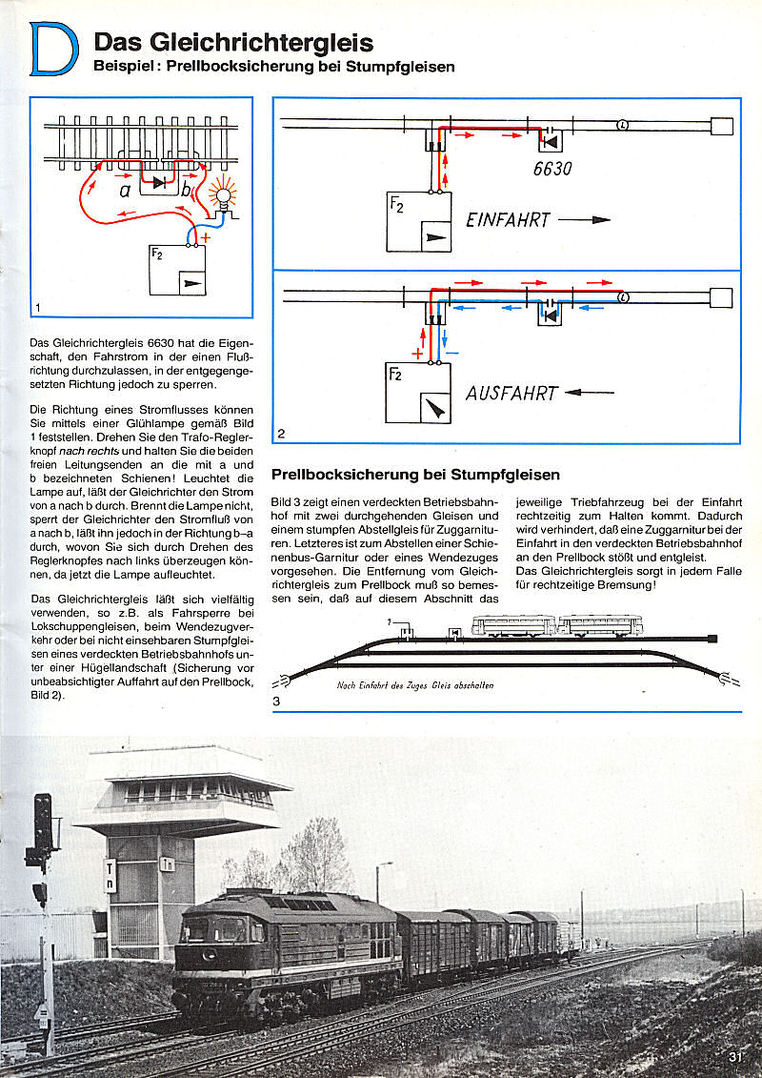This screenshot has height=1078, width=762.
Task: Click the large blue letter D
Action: pos(54,50)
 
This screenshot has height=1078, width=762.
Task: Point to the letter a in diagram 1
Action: pos(125,190)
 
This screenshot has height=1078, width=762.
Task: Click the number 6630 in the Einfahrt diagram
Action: pos(552,169)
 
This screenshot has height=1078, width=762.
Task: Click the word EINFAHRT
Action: pos(508,220)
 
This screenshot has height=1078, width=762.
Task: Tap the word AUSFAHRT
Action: pos(511,393)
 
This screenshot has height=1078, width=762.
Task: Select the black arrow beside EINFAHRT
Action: pos(584,219)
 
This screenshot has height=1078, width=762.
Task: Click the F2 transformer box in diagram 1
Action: pos(178,270)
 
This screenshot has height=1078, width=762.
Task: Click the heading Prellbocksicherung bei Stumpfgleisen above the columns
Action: pos(415,474)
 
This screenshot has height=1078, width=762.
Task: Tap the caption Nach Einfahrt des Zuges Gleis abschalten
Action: pos(414,684)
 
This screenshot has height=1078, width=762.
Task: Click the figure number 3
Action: pos(276,702)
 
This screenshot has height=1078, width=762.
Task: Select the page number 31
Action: pos(734,1055)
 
